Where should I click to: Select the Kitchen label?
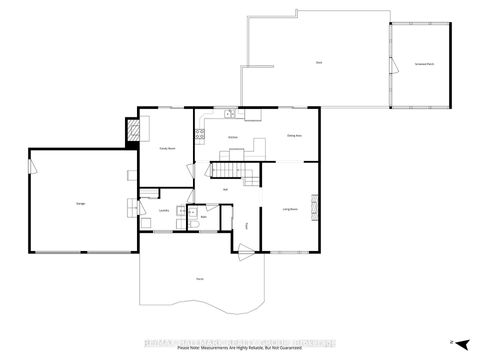point(232,136)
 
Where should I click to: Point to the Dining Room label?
point(294,136)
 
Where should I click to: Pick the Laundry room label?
point(163,210)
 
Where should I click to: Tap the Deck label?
point(318,63)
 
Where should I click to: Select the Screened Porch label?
point(424,63)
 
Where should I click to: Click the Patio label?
point(199,279)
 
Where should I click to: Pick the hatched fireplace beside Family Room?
point(131,130)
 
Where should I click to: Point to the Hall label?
point(226,189)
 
